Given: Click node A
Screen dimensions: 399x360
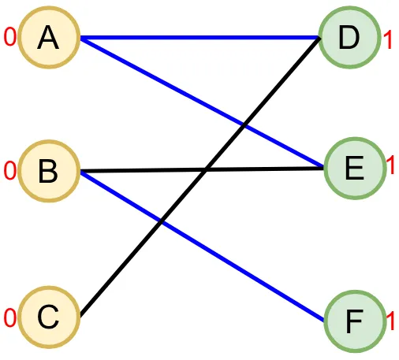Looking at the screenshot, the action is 49,38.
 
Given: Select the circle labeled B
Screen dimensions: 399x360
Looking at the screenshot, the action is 49,171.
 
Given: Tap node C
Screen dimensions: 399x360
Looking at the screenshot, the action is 49,317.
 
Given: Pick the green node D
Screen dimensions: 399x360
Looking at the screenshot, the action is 349,38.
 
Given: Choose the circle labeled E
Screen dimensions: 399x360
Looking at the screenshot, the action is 356,169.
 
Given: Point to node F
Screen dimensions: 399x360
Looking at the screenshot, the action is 356,321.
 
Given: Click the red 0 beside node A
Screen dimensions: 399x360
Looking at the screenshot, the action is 10,37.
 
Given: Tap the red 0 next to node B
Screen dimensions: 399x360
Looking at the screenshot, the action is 10,171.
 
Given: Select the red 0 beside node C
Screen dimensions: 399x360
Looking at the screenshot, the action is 10,317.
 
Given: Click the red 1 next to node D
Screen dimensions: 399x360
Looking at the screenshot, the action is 388,39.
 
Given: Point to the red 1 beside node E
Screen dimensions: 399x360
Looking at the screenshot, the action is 391,165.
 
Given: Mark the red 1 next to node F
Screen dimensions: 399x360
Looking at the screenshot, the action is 391,321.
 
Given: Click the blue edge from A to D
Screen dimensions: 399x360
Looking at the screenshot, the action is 199,38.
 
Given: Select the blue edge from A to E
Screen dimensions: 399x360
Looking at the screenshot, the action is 202,102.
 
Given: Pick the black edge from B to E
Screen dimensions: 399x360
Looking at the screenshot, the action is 202,170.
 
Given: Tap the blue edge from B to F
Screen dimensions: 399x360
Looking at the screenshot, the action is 202,246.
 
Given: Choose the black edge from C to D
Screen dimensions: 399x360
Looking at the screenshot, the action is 200,177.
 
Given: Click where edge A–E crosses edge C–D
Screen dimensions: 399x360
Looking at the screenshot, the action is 244,125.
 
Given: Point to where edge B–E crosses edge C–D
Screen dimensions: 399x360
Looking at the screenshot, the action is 206,170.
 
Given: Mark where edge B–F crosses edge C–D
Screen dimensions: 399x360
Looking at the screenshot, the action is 161,222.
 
